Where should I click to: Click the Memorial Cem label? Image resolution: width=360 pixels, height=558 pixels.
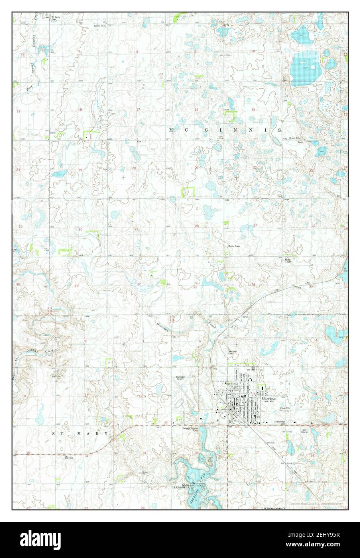point(233,352)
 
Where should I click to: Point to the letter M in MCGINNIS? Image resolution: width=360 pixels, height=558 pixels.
point(171,130)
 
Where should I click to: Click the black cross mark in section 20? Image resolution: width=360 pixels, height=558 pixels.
point(124,177)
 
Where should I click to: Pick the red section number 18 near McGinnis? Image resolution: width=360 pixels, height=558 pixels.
point(79,110)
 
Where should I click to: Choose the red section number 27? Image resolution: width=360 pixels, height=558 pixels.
point(255,226)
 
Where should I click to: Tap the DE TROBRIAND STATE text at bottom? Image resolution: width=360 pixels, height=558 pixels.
point(274,508)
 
